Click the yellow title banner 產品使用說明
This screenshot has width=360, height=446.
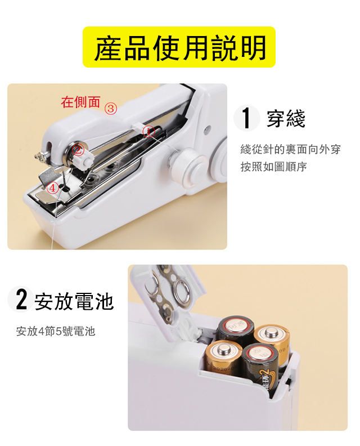tap(179, 47)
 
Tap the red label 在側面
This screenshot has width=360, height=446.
tap(80, 102)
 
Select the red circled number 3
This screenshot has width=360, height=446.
tap(111, 109)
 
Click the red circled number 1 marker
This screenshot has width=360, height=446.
tap(149, 131)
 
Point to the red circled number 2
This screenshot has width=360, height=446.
tap(78, 149)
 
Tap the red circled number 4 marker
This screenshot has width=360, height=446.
tap(52, 188)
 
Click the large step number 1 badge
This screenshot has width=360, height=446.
tap(246, 118)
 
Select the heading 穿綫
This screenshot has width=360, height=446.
tap(286, 119)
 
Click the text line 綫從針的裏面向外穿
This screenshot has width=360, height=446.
tap(290, 149)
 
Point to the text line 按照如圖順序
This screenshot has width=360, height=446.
tap(273, 167)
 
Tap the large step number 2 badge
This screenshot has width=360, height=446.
tap(20, 299)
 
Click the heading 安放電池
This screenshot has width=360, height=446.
tap(74, 301)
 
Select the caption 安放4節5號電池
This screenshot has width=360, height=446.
tap(56, 331)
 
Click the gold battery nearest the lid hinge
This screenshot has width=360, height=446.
tap(223, 356)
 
